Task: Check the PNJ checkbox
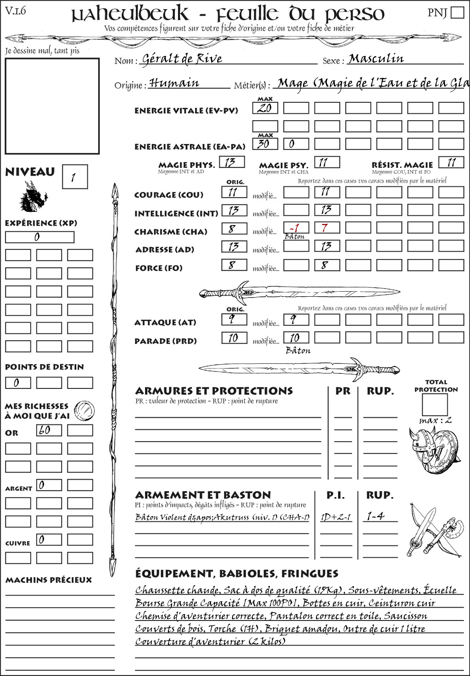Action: [x=458, y=12]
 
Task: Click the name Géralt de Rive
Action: [x=182, y=59]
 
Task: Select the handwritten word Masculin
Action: [x=376, y=59]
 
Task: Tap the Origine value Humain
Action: [x=174, y=83]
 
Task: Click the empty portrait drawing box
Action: [x=52, y=106]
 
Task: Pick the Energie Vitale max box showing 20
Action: [x=265, y=108]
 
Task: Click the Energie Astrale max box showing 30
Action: [x=265, y=144]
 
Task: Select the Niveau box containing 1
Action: [x=75, y=177]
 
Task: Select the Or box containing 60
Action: [x=49, y=430]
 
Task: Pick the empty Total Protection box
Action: [x=435, y=404]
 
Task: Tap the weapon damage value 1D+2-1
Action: [x=336, y=517]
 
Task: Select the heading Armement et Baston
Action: [x=203, y=495]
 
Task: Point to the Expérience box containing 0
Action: [x=39, y=237]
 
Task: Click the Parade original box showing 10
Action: [x=234, y=338]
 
